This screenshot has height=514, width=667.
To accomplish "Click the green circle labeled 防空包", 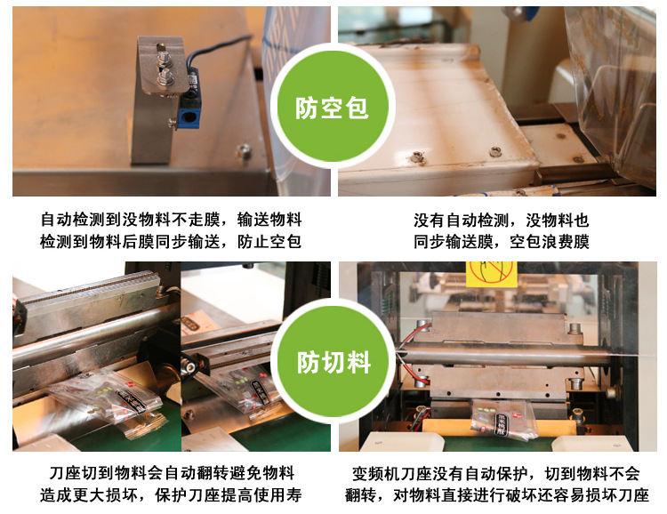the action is (x=333, y=106).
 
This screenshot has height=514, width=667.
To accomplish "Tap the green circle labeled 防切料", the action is (x=333, y=361).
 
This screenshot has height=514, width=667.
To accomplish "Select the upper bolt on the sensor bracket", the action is (x=164, y=58).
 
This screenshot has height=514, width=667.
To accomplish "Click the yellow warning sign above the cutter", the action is (x=491, y=274).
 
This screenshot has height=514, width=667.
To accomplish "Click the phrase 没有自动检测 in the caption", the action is (x=462, y=221).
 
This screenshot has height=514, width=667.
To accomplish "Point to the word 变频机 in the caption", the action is (x=376, y=473).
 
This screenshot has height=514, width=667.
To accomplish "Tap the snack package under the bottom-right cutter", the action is (x=503, y=420).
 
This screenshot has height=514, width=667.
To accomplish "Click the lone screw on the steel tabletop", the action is (x=244, y=150).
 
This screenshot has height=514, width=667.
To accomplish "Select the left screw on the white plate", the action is (x=416, y=157).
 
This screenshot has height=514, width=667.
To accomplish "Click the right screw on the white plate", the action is (x=494, y=151).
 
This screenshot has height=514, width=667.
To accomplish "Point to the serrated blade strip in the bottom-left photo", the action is (x=87, y=287).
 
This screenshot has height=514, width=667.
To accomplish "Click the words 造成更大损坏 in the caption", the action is (x=88, y=494).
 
